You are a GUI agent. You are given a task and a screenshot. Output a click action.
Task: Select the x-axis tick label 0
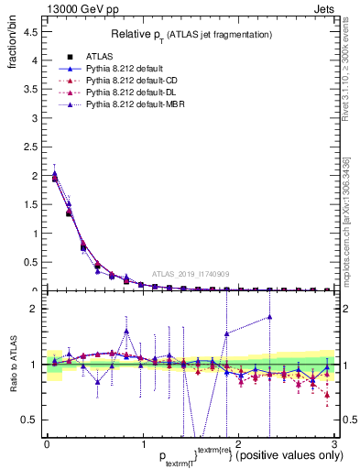[x=47, y=443]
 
